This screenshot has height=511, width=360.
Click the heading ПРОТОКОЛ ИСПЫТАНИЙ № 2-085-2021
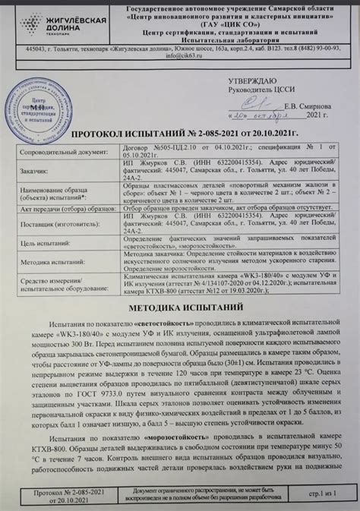click(x=179, y=133)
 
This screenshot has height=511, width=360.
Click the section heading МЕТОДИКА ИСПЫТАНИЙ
click(x=180, y=308)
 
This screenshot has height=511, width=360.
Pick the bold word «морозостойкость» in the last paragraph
click(x=163, y=460)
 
